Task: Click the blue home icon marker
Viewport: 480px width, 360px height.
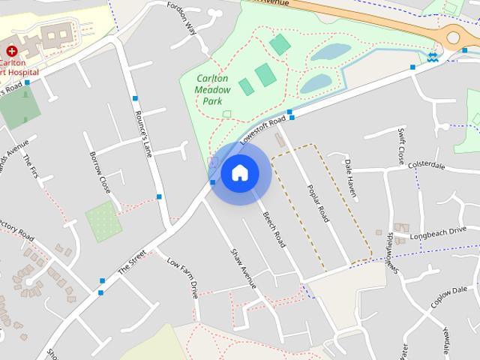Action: tap(239, 173)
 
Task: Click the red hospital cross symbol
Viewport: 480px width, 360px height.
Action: tap(11, 51)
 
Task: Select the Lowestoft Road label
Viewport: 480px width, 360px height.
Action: tap(263, 130)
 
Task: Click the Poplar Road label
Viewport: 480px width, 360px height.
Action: tap(318, 202)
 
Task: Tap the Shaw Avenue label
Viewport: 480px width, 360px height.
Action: tap(244, 268)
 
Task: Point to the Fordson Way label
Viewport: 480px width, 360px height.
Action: tap(181, 18)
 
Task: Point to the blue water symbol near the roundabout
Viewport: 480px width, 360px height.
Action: tap(433, 57)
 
